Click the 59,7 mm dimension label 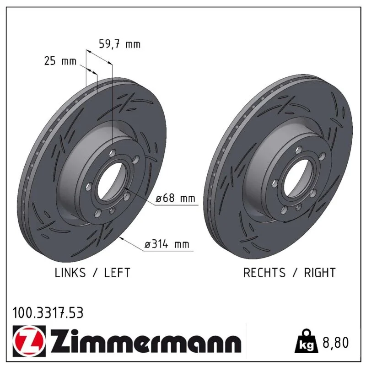coord(120,44)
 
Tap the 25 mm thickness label coord(60,61)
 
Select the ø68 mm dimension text coord(175,199)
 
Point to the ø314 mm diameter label coord(167,244)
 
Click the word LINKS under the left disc coord(70,273)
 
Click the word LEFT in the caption coord(117,273)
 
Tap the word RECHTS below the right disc coord(264,273)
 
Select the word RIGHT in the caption coord(320,273)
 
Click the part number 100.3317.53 coord(48,313)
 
